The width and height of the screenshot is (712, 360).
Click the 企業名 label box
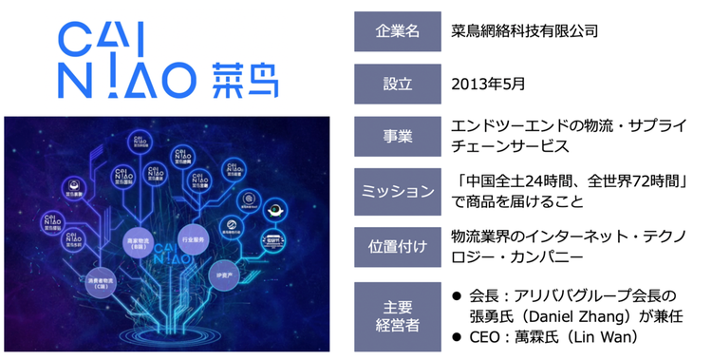click(x=392, y=31)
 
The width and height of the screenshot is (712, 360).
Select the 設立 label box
click(x=392, y=84)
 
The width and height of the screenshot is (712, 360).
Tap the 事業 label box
click(x=392, y=136)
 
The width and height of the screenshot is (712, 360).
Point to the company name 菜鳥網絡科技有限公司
click(x=525, y=31)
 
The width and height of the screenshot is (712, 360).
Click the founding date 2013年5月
click(x=488, y=84)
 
